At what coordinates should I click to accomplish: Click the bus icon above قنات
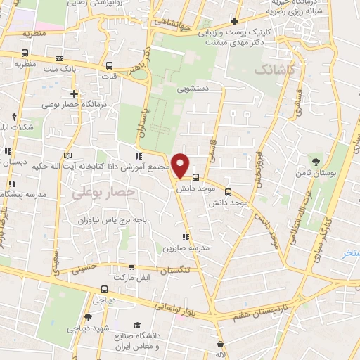coord(109,63)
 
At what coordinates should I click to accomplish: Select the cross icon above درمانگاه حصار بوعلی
coord(74,94)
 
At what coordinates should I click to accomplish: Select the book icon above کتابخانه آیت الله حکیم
coord(68,155)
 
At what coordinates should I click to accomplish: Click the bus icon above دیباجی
coord(105,288)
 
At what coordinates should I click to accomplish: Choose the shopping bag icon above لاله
coord(221,345)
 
